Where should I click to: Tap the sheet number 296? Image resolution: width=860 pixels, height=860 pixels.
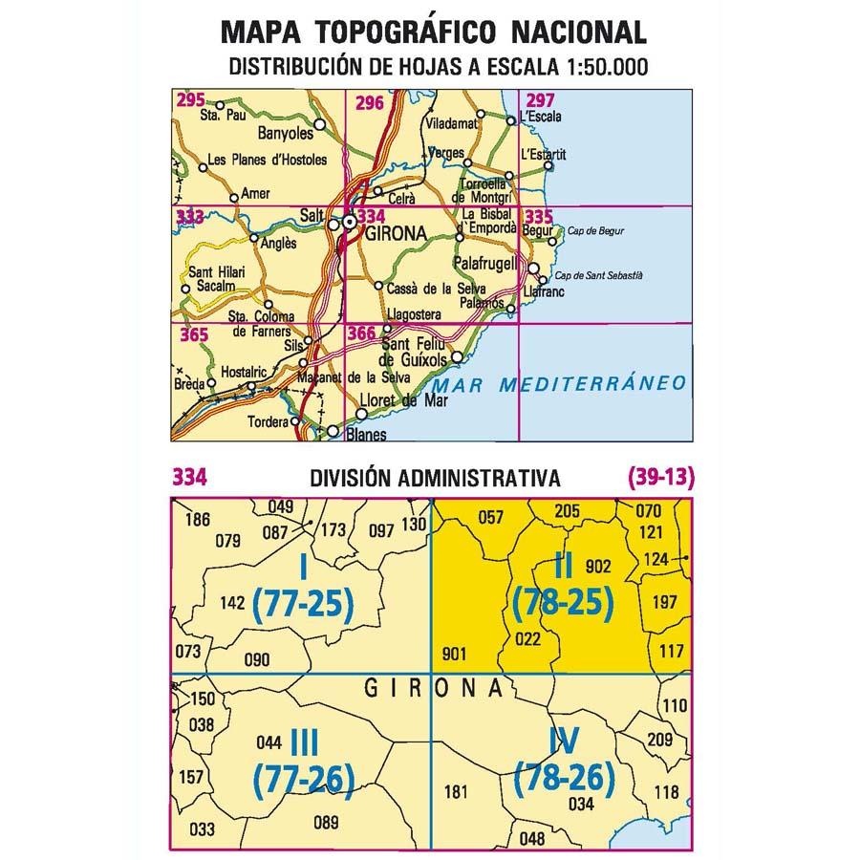pyautogui.click(x=367, y=102)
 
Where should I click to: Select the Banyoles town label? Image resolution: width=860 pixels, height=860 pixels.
pyautogui.click(x=287, y=135)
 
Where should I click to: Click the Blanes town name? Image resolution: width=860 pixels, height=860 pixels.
pyautogui.click(x=364, y=436)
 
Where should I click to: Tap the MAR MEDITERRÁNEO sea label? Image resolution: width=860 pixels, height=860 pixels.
pyautogui.click(x=559, y=384)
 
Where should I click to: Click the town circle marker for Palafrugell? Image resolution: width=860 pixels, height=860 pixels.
pyautogui.click(x=534, y=269)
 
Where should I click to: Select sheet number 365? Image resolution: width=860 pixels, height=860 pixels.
pyautogui.click(x=194, y=334)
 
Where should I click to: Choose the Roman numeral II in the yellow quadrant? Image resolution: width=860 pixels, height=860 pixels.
pyautogui.click(x=563, y=566)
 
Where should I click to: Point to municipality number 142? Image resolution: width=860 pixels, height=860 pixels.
pyautogui.click(x=232, y=603)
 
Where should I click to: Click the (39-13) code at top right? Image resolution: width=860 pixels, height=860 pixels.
pyautogui.click(x=660, y=478)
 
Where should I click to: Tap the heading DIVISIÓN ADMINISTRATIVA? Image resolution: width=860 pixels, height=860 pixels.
pyautogui.click(x=435, y=478)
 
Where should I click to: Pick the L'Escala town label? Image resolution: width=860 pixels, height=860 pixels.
pyautogui.click(x=537, y=118)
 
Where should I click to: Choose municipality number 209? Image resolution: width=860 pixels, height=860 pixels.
pyautogui.click(x=660, y=739)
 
